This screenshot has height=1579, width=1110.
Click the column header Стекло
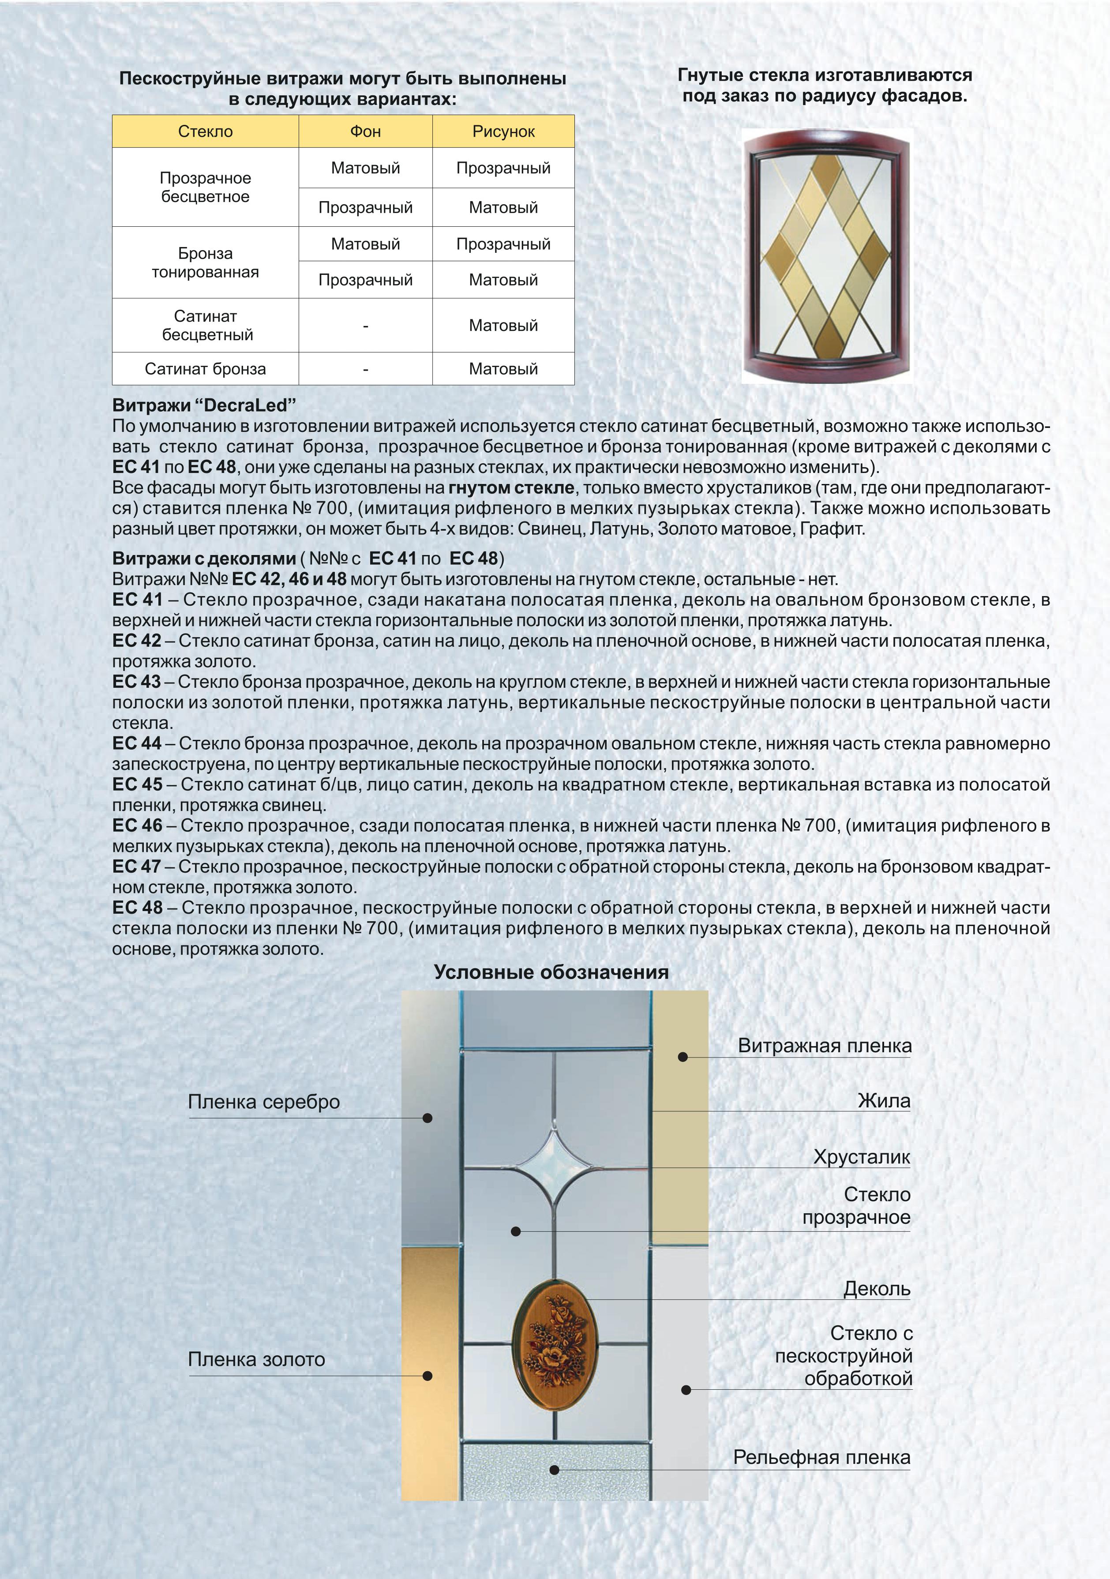(x=205, y=131)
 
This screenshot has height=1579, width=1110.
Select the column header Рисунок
(x=503, y=132)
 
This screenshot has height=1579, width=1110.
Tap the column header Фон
(x=365, y=131)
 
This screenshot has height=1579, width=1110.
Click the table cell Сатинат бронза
(x=205, y=369)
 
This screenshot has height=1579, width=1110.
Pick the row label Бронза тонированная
(x=205, y=263)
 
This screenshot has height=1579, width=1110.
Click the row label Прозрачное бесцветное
(x=205, y=187)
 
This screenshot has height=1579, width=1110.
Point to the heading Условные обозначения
(x=551, y=972)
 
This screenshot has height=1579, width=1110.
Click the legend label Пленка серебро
(x=264, y=1102)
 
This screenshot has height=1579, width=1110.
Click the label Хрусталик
(x=862, y=1157)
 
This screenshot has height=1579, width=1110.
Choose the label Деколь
(x=877, y=1289)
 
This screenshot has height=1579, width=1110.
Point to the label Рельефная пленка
(x=822, y=1457)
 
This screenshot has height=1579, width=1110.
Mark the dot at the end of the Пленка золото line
(x=427, y=1376)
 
